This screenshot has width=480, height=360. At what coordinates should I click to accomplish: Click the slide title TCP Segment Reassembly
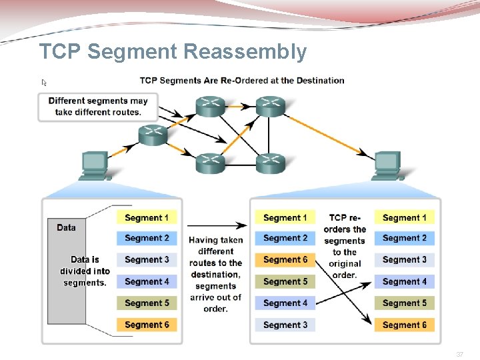click(173, 51)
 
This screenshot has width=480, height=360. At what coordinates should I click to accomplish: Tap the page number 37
click(459, 355)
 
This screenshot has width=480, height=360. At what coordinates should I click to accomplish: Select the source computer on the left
click(93, 166)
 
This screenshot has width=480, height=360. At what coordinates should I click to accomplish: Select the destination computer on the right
click(388, 166)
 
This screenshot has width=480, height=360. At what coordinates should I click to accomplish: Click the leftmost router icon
click(153, 135)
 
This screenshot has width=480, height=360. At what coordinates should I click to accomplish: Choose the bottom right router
click(270, 162)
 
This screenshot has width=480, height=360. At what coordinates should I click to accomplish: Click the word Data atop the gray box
click(67, 227)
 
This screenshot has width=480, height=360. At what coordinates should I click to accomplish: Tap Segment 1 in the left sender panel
click(147, 217)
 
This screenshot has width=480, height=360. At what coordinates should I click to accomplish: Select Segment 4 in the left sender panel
click(147, 281)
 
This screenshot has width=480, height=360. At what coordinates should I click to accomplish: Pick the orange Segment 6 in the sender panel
click(147, 325)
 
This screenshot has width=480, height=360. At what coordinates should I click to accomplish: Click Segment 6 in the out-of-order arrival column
click(285, 259)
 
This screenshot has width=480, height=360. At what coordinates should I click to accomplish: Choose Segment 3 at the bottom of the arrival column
click(285, 325)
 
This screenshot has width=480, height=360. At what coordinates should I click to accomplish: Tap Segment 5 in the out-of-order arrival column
click(285, 281)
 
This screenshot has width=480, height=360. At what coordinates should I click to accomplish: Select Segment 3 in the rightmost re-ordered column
click(404, 259)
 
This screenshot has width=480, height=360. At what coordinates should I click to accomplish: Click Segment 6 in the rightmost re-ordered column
click(404, 325)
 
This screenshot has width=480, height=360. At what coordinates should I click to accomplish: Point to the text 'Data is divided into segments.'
click(85, 271)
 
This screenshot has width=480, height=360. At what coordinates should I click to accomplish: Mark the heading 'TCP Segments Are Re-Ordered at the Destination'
click(242, 81)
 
